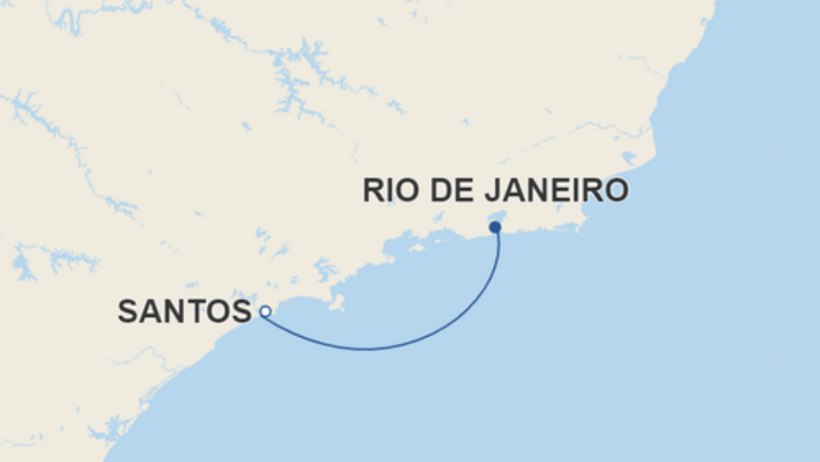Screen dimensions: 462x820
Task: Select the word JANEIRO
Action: (548, 191)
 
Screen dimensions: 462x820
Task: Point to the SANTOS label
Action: (184, 311)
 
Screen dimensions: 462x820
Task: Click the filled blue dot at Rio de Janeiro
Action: (495, 227)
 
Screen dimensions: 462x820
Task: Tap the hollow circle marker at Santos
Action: (265, 311)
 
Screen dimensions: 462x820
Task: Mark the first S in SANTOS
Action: (128, 311)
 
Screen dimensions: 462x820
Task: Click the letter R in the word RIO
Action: (373, 191)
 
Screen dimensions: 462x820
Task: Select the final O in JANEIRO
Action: (616, 191)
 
